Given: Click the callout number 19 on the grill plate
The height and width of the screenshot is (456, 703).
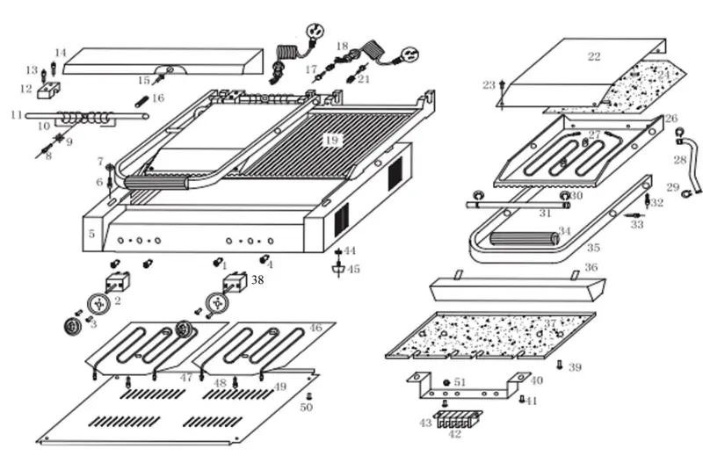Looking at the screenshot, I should [x=330, y=140].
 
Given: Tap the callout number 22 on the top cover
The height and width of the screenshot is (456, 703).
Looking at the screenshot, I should [x=594, y=57].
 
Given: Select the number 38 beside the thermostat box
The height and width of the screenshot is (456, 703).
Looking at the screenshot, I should [x=257, y=280].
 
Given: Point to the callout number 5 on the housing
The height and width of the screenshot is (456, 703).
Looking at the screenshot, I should [x=91, y=234].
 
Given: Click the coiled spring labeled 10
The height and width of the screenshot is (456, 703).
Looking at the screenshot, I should [x=77, y=117].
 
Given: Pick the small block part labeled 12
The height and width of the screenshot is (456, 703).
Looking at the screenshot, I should [x=48, y=91].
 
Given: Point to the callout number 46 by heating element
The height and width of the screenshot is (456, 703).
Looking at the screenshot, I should [x=315, y=327].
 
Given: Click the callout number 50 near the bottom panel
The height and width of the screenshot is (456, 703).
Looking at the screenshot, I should [x=306, y=407].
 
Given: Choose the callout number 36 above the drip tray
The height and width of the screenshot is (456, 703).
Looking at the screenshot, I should [x=591, y=267].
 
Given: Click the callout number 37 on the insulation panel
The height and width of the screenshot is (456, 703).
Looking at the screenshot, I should [x=551, y=324].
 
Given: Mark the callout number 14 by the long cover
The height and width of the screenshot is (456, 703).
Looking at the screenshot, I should [x=60, y=53].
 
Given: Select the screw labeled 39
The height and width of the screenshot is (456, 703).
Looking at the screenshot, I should [x=560, y=365].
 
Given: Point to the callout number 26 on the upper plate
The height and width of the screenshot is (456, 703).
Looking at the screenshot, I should [x=671, y=119].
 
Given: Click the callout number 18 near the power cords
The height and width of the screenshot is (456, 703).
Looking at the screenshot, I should [x=342, y=46].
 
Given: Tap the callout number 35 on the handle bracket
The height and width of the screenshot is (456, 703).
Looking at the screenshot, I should [x=593, y=248].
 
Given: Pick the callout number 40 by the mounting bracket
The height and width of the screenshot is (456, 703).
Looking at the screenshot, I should [x=536, y=380].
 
